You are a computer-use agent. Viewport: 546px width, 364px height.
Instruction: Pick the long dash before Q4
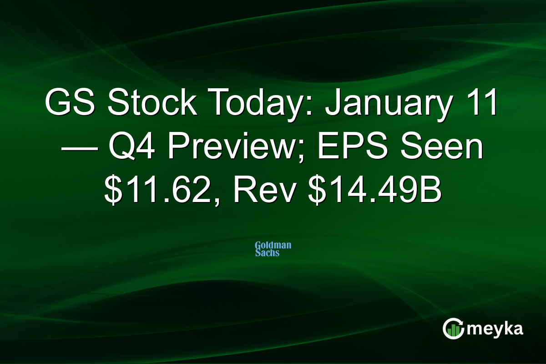[78, 149]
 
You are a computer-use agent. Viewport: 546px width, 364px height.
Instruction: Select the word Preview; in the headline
[239, 148]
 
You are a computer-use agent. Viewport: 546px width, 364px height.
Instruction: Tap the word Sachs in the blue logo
[268, 253]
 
